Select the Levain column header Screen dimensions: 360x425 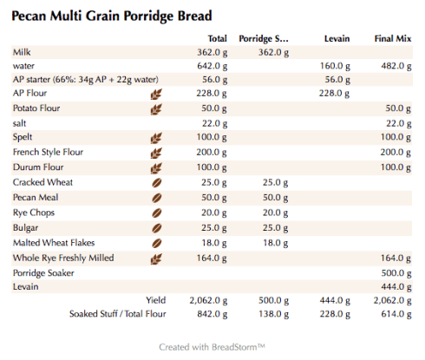point(337,39)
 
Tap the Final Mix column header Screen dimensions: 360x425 point(392,39)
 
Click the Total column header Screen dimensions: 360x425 point(218,39)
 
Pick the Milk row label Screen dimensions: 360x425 point(22,52)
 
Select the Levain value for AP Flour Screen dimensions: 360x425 point(334,94)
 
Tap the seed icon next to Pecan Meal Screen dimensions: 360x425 point(157,198)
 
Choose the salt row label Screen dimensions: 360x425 point(21,123)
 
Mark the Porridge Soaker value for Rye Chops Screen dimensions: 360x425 point(275,213)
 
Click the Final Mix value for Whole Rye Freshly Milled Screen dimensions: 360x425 point(396,258)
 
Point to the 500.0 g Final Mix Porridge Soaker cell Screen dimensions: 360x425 point(396,272)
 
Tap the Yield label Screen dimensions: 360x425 point(155,300)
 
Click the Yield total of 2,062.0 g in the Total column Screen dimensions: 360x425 point(208,300)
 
